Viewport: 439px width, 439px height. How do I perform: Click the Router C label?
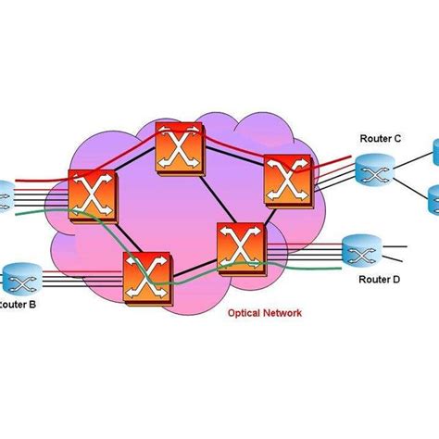click(381, 139)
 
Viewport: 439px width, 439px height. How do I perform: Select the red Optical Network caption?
click(264, 313)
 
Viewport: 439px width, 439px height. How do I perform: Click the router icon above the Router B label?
click(18, 277)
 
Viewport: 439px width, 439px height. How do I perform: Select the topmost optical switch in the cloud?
click(179, 145)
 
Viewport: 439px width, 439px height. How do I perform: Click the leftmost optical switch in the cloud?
click(93, 198)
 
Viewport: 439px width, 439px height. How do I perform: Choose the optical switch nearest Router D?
click(242, 247)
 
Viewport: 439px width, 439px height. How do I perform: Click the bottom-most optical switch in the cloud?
click(146, 276)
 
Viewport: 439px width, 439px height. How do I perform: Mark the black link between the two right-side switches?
click(269, 216)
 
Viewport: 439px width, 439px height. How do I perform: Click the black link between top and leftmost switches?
click(134, 172)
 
